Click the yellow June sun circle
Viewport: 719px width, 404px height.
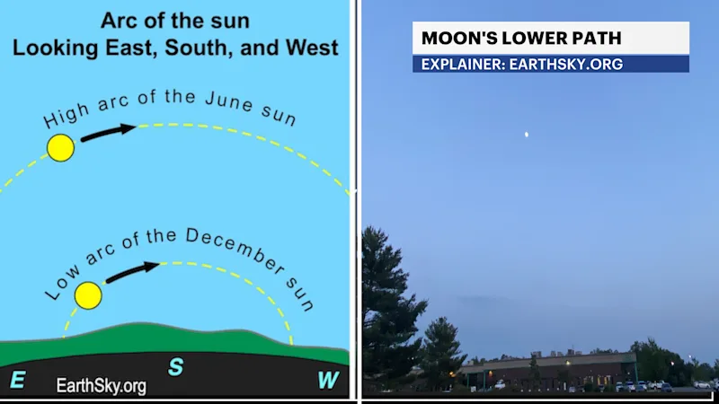60,148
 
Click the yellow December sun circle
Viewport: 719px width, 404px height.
88,295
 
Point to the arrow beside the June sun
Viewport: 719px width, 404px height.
108,132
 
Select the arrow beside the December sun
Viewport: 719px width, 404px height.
132,272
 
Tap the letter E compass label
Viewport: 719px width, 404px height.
17,380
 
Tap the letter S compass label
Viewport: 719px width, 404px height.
175,367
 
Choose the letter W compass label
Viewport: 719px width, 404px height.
328,380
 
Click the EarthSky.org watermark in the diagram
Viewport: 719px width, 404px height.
102,386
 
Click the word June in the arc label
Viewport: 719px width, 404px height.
229,101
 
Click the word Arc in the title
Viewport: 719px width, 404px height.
117,21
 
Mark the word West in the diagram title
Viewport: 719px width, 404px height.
312,48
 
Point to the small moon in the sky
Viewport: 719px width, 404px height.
527,134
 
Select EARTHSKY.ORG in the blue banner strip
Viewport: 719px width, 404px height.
566,64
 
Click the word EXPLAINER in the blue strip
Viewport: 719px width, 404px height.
463,64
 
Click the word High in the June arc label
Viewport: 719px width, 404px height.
66,116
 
